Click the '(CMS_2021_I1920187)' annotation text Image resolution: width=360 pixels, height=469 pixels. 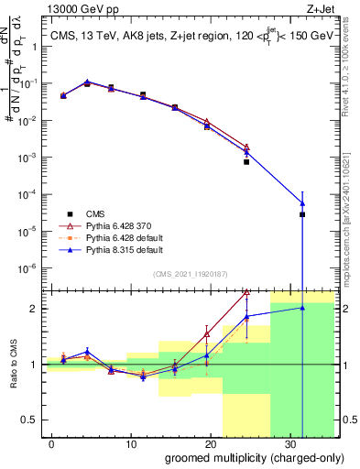click(x=190, y=273)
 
